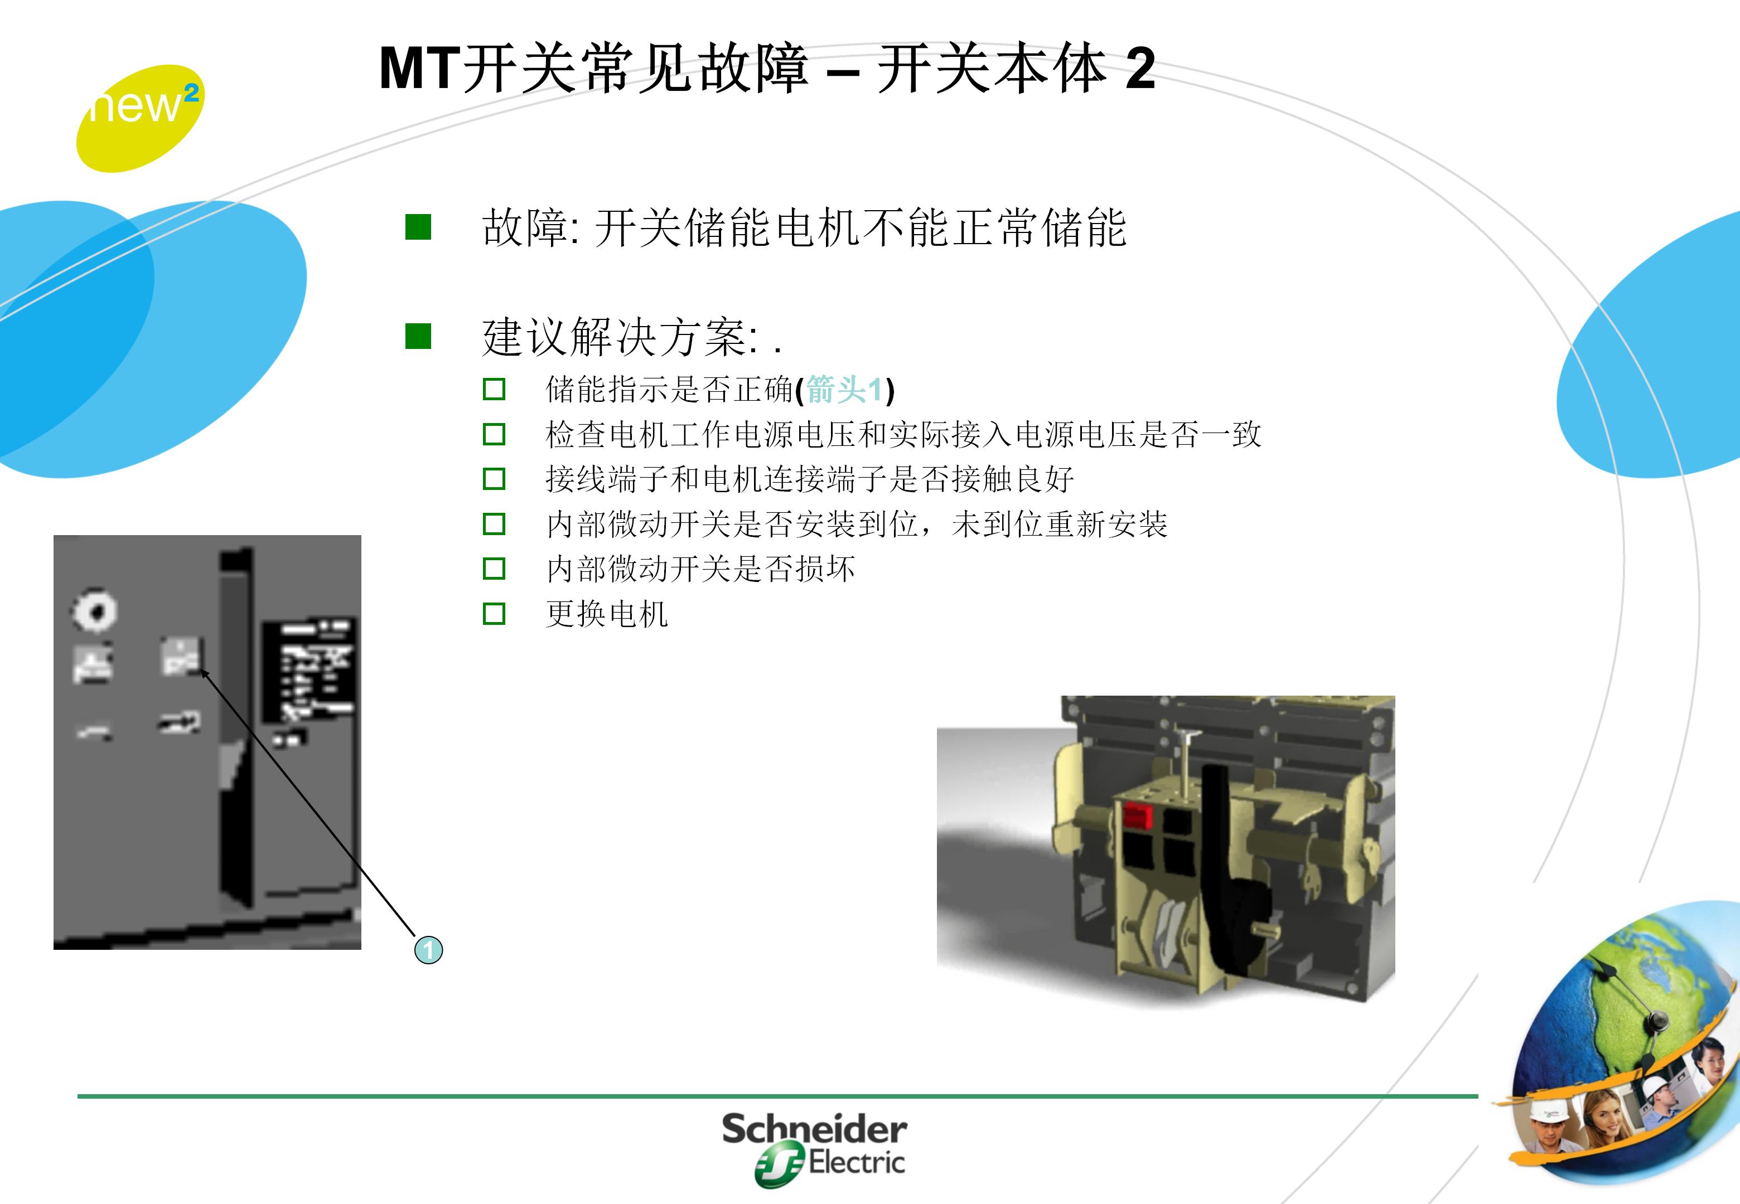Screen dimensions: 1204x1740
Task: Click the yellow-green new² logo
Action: pyautogui.click(x=139, y=117)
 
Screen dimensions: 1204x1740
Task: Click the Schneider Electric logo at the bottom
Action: pyautogui.click(x=815, y=1147)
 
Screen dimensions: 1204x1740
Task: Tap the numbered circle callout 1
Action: pyautogui.click(x=428, y=949)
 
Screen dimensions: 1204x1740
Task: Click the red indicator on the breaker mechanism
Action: pyautogui.click(x=1137, y=815)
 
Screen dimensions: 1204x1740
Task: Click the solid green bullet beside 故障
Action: pyautogui.click(x=418, y=227)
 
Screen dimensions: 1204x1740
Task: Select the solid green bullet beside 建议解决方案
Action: pyautogui.click(x=418, y=337)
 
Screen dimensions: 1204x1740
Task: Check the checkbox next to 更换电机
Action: pyautogui.click(x=494, y=613)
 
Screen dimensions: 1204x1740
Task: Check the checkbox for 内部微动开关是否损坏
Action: pyautogui.click(x=494, y=568)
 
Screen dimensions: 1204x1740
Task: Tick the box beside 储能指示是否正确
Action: pyautogui.click(x=494, y=390)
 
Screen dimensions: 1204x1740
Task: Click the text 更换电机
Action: pyautogui.click(x=607, y=613)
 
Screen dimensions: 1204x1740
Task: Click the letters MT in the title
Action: pyautogui.click(x=419, y=70)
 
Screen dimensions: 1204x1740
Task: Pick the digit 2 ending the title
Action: pyautogui.click(x=1140, y=70)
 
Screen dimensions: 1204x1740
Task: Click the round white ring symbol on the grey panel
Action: pyautogui.click(x=94, y=610)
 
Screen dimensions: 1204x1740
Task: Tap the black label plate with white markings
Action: pyautogui.click(x=308, y=672)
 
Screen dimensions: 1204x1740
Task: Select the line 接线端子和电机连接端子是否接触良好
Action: pyautogui.click(x=809, y=479)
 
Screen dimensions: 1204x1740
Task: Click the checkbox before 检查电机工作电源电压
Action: pyautogui.click(x=494, y=435)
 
